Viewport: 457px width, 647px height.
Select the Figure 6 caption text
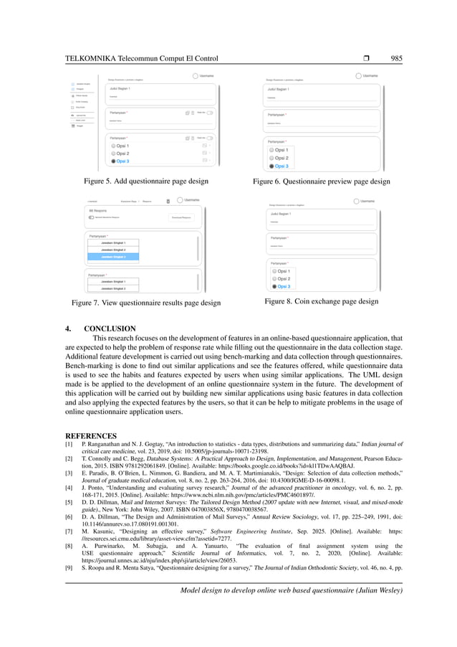point(322,181)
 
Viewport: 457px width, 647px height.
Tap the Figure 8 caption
point(322,301)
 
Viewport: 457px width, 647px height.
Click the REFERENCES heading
point(91,435)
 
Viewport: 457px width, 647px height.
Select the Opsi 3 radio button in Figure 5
point(113,161)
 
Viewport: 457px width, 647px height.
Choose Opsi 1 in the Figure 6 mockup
point(272,150)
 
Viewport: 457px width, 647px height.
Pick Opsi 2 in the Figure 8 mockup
point(273,278)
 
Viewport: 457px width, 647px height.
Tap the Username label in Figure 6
point(370,75)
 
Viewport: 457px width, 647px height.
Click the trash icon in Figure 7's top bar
point(168,201)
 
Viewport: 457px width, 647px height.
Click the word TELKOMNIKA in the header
point(95,59)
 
